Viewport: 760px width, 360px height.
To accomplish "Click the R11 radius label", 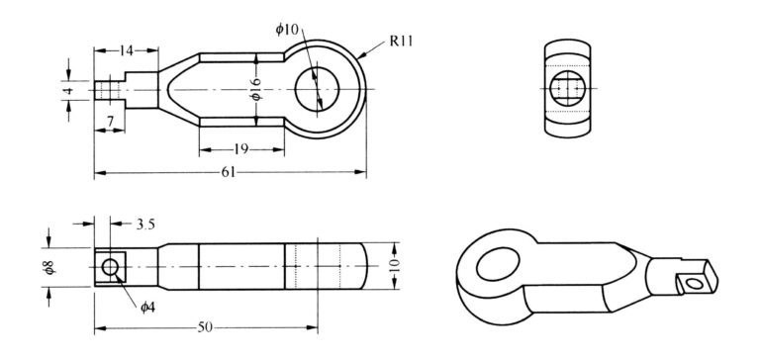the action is pos(402,41).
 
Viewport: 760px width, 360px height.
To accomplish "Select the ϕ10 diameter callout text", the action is pos(287,30).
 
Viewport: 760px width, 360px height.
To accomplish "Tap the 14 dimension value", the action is pos(127,49).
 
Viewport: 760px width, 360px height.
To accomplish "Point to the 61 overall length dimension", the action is pos(229,172).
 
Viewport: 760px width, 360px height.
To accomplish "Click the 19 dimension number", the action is pos(240,149).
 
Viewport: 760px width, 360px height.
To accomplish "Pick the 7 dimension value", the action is pos(110,122).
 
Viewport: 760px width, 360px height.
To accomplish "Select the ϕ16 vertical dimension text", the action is pos(256,89).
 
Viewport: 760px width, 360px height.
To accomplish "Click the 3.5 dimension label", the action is pos(145,224).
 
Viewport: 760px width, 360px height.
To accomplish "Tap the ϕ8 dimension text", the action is pos(49,267).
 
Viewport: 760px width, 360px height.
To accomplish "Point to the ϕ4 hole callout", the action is pos(147,308).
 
